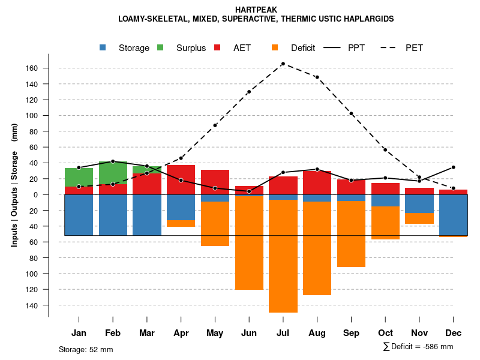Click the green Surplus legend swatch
161,47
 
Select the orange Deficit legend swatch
275,47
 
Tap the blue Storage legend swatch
103,47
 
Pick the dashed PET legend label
414,47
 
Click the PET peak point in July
283,64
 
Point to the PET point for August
317,77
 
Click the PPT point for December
453,167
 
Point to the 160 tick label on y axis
32,68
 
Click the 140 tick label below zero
32,305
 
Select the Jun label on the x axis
249,333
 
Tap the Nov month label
419,333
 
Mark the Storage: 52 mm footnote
86,349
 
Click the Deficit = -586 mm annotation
418,347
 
